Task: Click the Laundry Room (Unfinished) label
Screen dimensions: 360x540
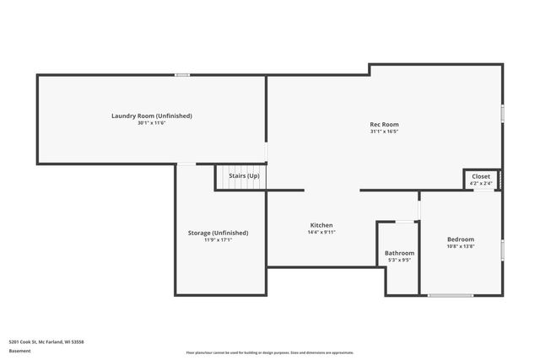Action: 152,116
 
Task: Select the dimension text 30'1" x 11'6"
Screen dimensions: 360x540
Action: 152,123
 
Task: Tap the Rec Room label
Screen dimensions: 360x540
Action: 384,124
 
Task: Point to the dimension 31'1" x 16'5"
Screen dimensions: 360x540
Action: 384,132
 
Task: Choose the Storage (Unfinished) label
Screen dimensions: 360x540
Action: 218,233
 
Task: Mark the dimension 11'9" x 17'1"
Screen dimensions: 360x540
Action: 218,240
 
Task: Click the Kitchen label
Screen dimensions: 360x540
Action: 321,225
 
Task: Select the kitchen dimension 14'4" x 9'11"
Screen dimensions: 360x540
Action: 321,233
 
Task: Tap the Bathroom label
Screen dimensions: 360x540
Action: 399,253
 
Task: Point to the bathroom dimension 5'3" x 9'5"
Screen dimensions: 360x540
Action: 399,261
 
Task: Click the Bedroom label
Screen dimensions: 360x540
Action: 461,239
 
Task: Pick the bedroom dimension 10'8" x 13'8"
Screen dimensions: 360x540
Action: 461,247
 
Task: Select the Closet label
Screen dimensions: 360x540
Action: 481,176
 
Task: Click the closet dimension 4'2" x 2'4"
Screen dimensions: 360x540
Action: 481,183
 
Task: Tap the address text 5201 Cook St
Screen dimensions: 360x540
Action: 46,341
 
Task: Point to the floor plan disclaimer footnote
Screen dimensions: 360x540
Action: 270,352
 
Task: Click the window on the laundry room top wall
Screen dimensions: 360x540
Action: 182,75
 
